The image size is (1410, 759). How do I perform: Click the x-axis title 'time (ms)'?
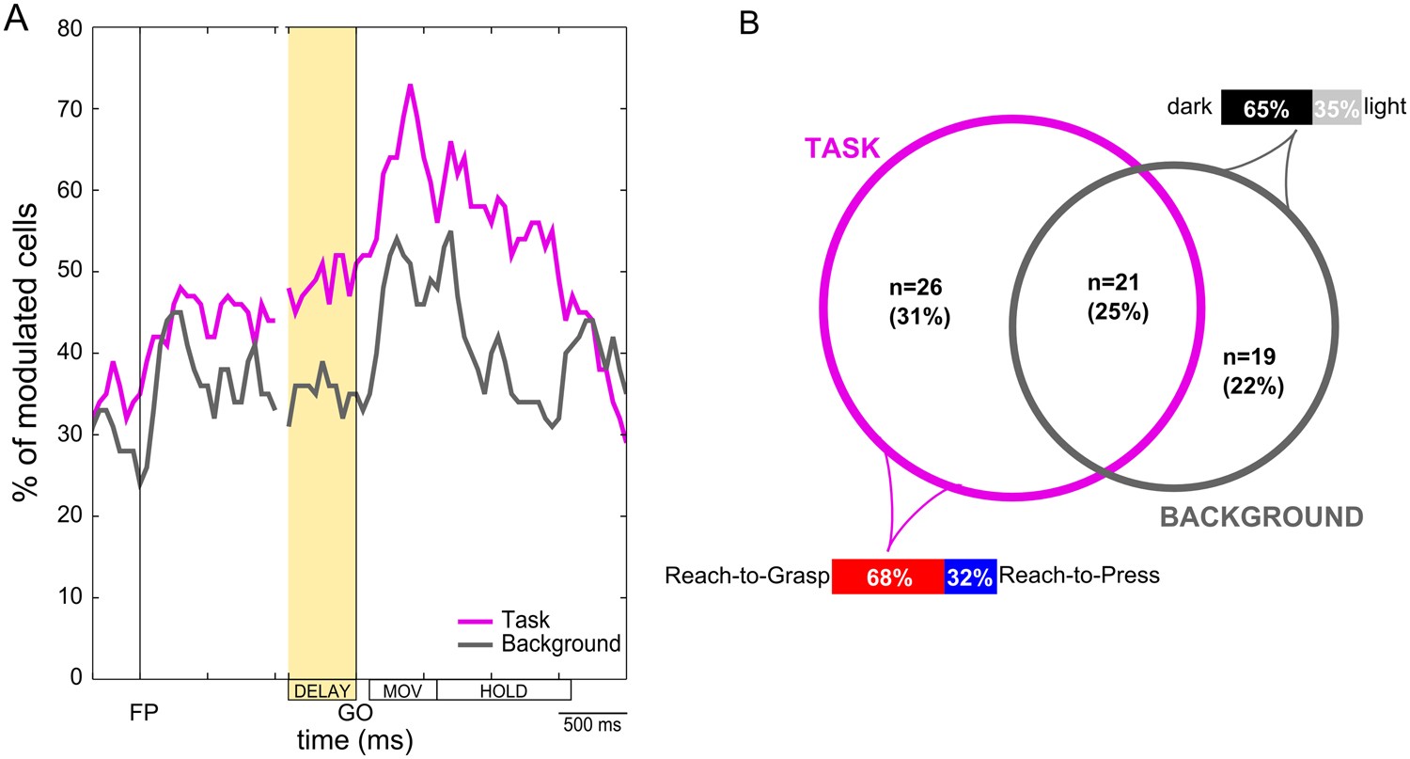click(x=355, y=740)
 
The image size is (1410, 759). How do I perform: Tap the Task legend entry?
click(x=525, y=620)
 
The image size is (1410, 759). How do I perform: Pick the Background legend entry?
click(x=560, y=644)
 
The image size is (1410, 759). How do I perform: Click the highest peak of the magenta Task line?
click(x=410, y=86)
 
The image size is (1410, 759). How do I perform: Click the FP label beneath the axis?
click(x=143, y=714)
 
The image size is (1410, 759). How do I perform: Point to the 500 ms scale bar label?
click(x=592, y=726)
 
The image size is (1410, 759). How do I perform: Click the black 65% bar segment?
click(x=1266, y=108)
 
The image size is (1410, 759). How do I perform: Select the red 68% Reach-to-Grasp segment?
click(x=888, y=577)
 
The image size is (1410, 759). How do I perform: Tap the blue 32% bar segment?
click(x=970, y=577)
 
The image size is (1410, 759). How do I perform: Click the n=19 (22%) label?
click(x=1254, y=372)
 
